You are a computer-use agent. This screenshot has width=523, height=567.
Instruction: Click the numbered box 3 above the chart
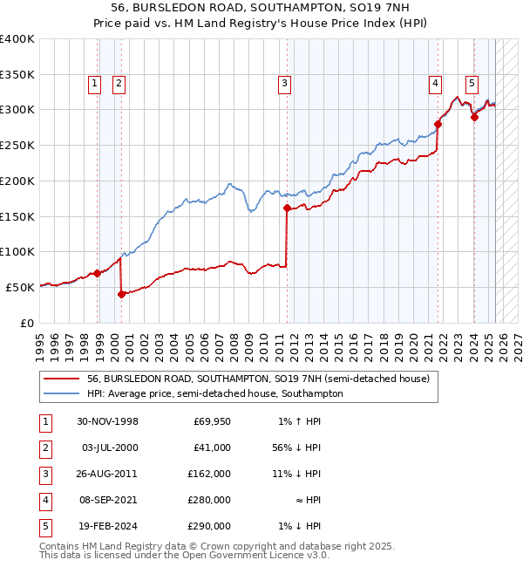coord(285,84)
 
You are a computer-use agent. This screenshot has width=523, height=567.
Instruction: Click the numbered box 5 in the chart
coord(472,84)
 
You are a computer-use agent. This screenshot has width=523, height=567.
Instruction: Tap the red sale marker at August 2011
coord(287,208)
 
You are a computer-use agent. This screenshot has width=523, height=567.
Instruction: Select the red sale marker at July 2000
coord(121,294)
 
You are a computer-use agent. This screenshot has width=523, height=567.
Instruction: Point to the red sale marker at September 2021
coord(438,124)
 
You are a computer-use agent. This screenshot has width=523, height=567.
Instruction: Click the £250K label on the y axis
coord(17,146)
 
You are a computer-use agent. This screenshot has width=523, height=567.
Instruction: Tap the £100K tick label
coord(17,251)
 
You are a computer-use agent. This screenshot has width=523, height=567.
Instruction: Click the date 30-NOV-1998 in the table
coord(107,422)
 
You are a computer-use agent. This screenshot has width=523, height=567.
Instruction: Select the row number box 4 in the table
coord(44,500)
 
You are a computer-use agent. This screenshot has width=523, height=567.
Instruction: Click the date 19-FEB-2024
coord(107,526)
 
